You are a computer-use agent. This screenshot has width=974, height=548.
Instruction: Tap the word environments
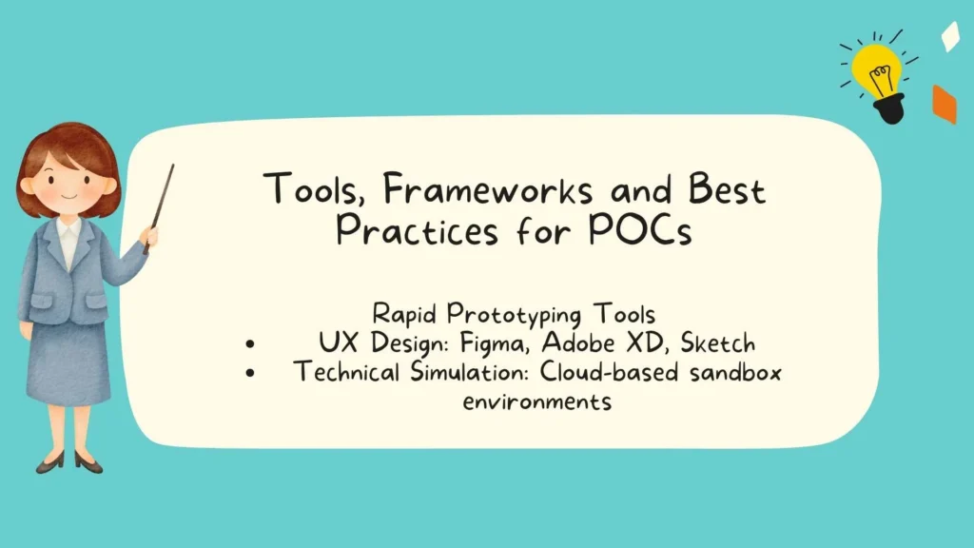tap(536, 401)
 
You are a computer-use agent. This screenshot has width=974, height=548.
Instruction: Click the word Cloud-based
tap(594, 372)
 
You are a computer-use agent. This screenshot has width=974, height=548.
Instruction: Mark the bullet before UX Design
tap(249, 344)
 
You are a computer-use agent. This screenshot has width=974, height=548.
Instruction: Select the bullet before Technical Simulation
tap(249, 374)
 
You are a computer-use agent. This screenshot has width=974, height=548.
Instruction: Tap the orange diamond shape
tap(944, 104)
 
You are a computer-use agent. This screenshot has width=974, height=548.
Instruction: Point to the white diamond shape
tap(949, 36)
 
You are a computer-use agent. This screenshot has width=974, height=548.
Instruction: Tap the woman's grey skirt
tap(68, 362)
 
